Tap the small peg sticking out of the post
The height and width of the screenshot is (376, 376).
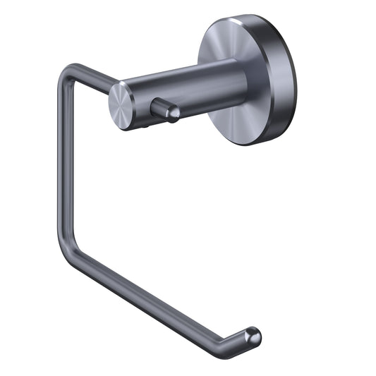tap(163, 110)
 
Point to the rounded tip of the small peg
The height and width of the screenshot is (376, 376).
tap(171, 112)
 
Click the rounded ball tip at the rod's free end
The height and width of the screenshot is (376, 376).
tap(253, 334)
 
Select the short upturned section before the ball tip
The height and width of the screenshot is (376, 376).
tap(241, 339)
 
